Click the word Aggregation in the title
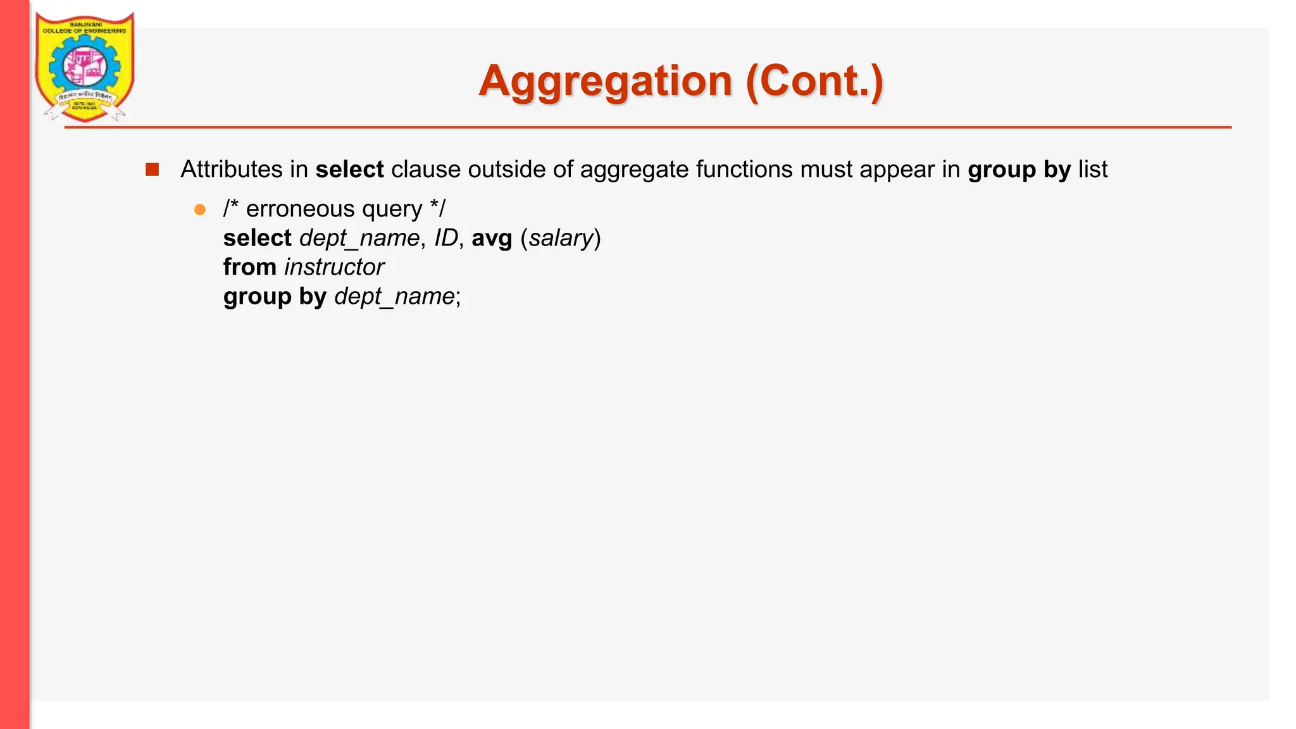click(x=605, y=82)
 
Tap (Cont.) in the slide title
click(x=814, y=82)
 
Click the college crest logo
click(x=85, y=66)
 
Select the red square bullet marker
click(x=152, y=170)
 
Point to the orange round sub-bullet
click(x=200, y=209)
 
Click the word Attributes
click(x=231, y=170)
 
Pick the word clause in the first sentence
click(x=426, y=170)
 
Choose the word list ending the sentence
click(x=1093, y=170)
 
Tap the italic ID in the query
click(x=445, y=238)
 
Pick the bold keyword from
click(x=249, y=267)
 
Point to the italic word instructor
click(x=334, y=267)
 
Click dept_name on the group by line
click(x=394, y=297)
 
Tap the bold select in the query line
click(x=257, y=238)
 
